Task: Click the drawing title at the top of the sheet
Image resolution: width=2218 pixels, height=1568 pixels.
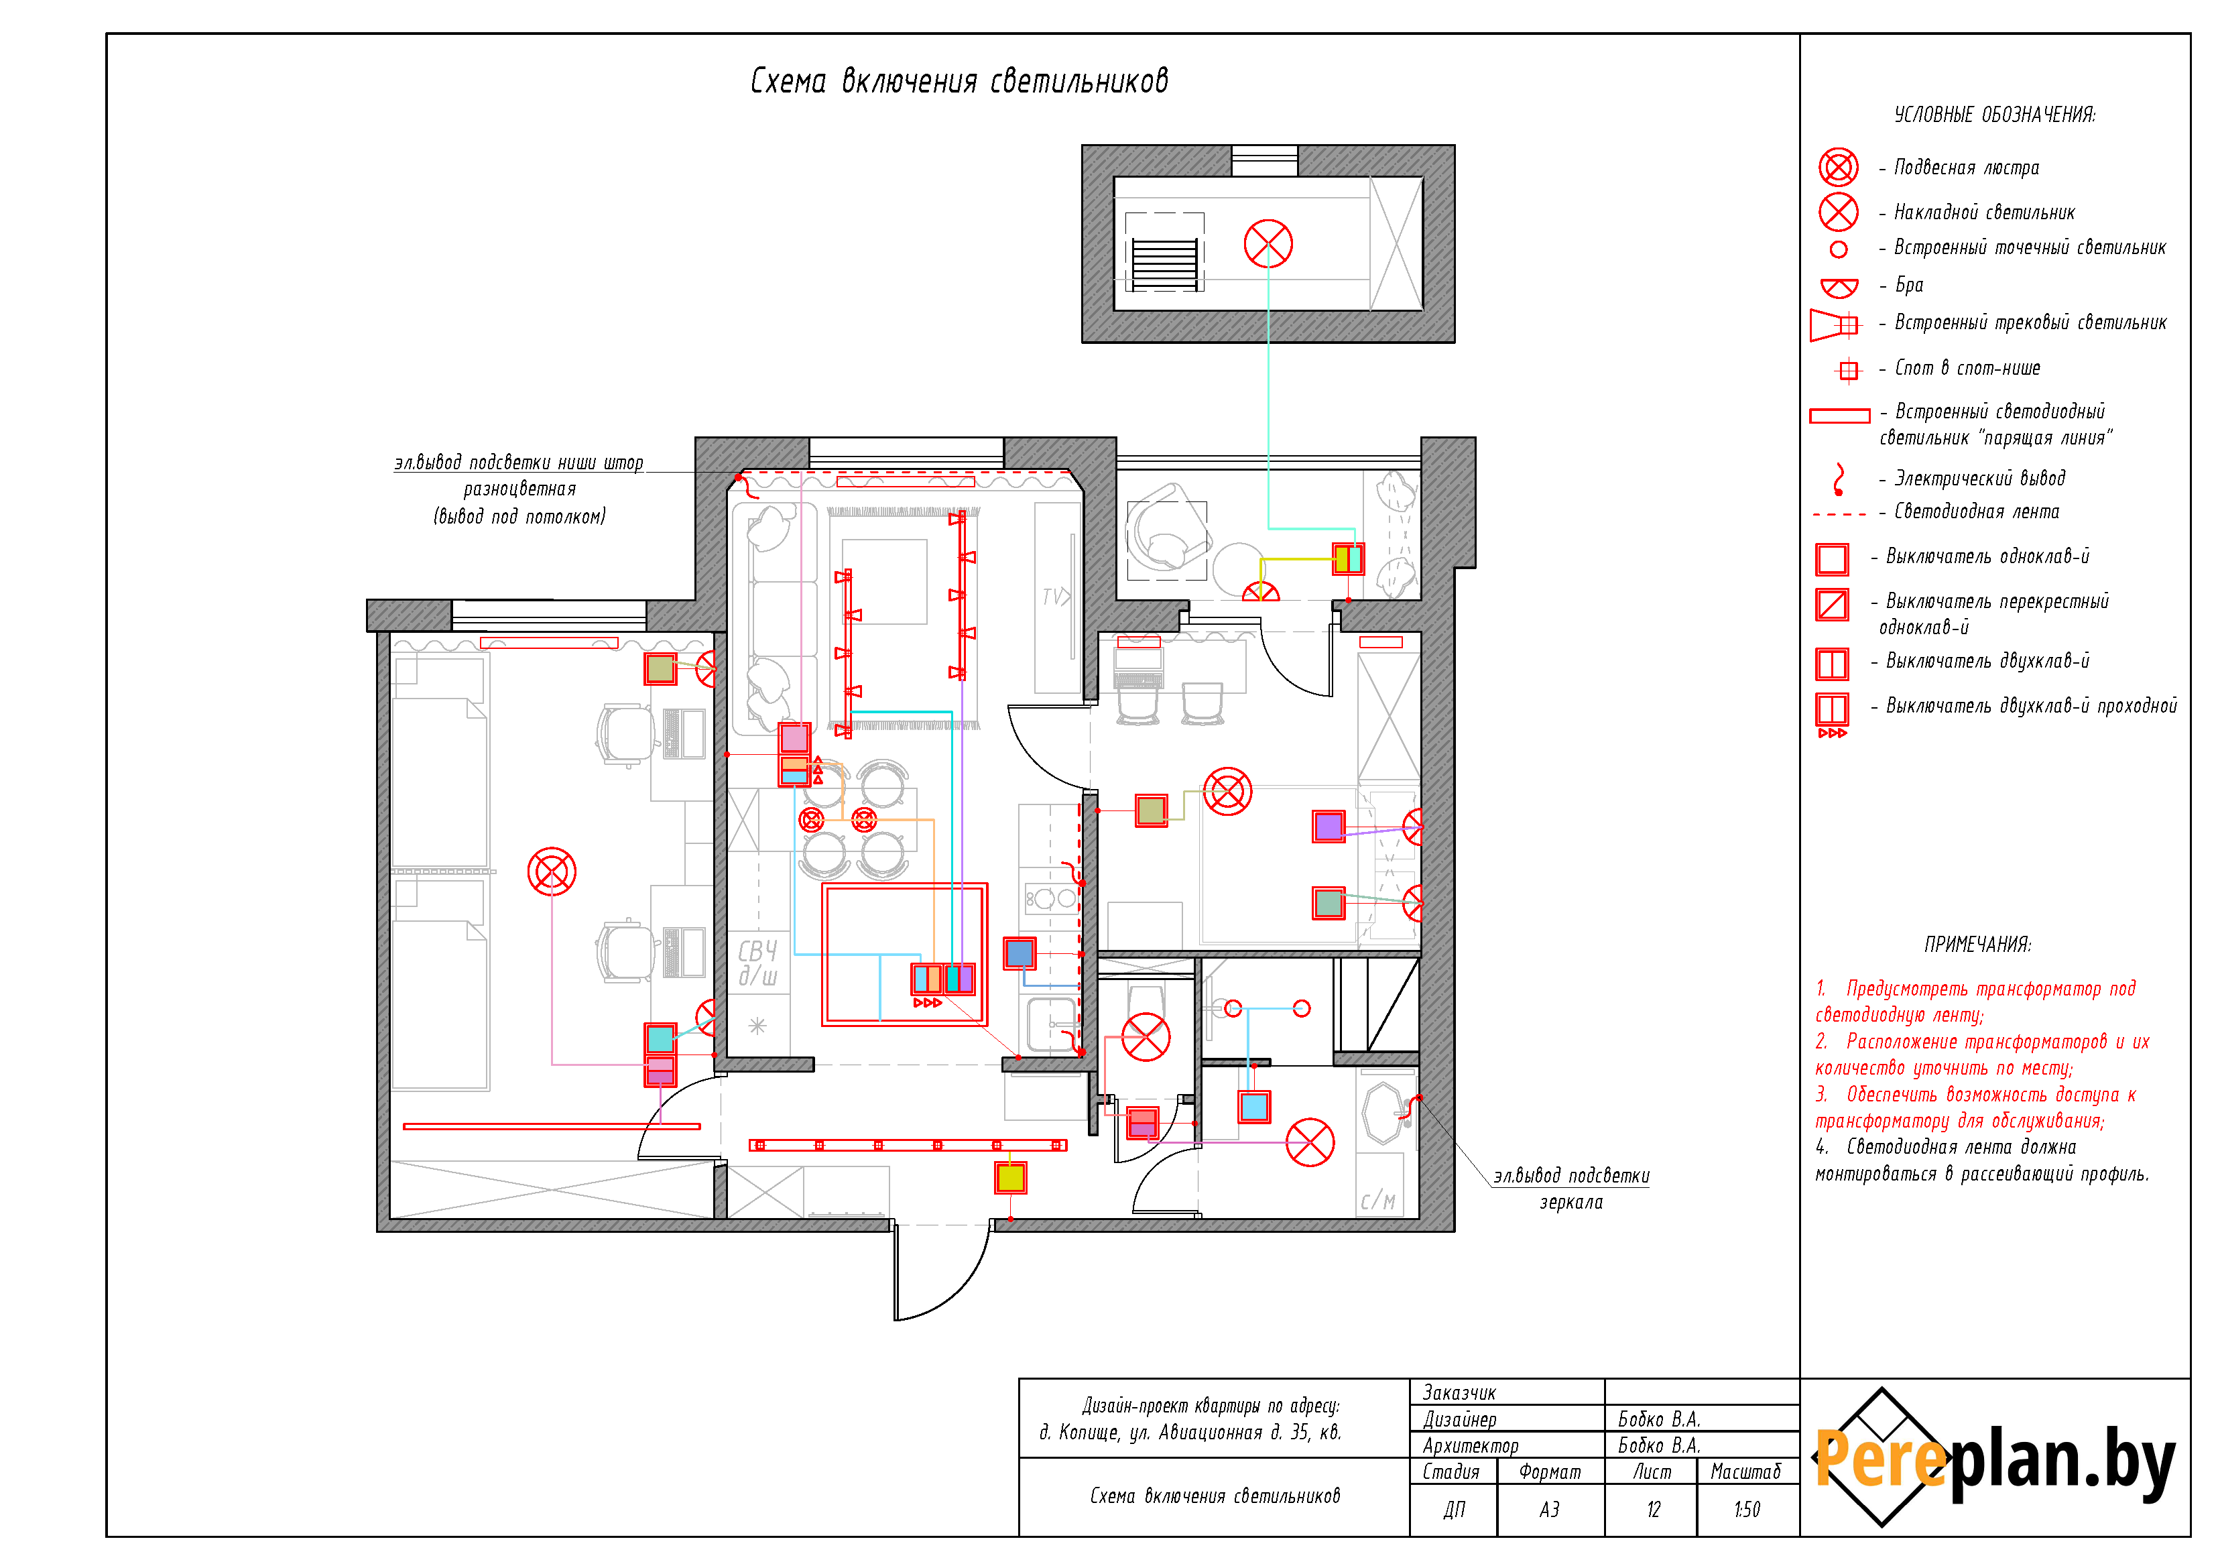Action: pyautogui.click(x=959, y=81)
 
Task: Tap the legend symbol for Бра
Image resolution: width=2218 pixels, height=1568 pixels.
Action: pyautogui.click(x=1839, y=287)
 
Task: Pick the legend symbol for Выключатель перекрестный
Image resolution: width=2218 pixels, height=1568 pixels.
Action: pyautogui.click(x=1832, y=605)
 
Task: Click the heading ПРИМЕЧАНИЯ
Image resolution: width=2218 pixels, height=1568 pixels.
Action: pyautogui.click(x=1977, y=944)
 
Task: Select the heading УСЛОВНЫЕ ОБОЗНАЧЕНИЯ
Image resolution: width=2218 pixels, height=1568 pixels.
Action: pyautogui.click(x=1995, y=115)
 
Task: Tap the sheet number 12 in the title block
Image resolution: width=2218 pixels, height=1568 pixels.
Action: pyautogui.click(x=1653, y=1509)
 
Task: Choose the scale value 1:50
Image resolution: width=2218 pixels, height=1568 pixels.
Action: pyautogui.click(x=1747, y=1509)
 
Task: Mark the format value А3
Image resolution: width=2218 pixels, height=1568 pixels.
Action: pyautogui.click(x=1548, y=1509)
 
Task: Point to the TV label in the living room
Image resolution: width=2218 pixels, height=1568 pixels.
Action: pyautogui.click(x=1055, y=596)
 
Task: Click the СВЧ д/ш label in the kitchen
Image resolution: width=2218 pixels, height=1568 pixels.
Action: pyautogui.click(x=758, y=963)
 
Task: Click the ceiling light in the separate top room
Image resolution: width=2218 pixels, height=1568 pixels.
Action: pyautogui.click(x=1268, y=243)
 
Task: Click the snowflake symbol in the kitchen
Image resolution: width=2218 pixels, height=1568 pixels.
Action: pyautogui.click(x=757, y=1026)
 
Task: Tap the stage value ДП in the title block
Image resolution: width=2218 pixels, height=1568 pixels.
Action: pyautogui.click(x=1454, y=1509)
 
